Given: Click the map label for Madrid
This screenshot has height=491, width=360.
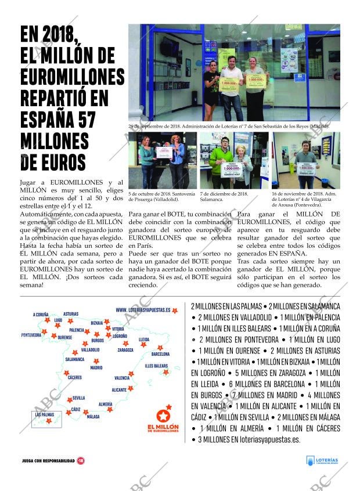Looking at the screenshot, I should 96,367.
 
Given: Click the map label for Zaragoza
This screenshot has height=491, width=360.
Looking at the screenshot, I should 125,350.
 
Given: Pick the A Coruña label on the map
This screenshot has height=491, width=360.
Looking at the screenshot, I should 41,315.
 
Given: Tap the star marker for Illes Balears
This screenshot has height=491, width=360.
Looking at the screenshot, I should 166,372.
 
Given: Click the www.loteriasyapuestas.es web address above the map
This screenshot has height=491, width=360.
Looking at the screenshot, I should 143,311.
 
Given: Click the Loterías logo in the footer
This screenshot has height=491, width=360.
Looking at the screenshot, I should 322,460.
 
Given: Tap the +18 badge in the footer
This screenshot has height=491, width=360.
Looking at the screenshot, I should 81,461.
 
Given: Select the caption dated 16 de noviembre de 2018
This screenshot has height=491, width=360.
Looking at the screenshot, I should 304,199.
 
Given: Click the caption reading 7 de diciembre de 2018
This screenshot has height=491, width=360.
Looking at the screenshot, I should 224,196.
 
